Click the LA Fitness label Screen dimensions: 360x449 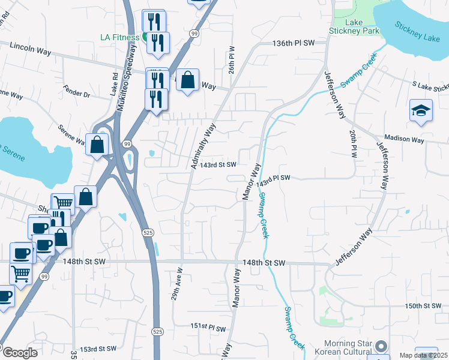pos(119,37)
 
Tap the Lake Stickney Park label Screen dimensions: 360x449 pos(354,27)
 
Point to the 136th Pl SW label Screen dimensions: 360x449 pos(294,43)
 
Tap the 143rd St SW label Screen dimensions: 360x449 pos(218,164)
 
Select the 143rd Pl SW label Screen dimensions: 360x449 pos(274,179)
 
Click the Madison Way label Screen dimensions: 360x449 pos(405,140)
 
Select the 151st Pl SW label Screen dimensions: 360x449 pos(208,327)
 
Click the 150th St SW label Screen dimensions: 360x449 pos(423,306)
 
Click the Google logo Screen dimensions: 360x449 pos(19,352)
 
